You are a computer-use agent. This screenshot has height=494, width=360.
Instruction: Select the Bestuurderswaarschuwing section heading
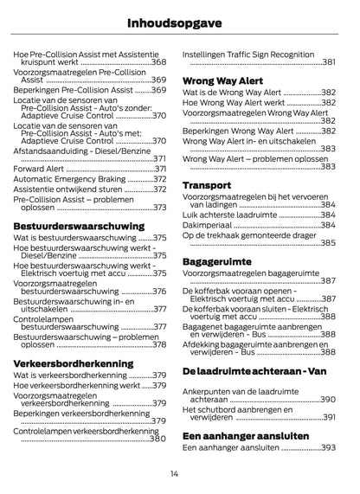tap(67, 228)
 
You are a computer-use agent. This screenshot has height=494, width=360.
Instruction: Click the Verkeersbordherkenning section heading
tap(73, 363)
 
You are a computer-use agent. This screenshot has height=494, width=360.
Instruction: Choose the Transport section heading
tap(207, 184)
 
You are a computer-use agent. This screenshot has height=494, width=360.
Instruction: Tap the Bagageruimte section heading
tap(217, 260)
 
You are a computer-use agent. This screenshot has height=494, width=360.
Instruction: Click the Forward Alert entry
tap(39, 170)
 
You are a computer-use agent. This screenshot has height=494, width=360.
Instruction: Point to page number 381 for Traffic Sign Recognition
tap(328, 62)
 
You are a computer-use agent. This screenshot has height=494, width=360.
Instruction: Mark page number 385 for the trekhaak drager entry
tap(327, 243)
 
